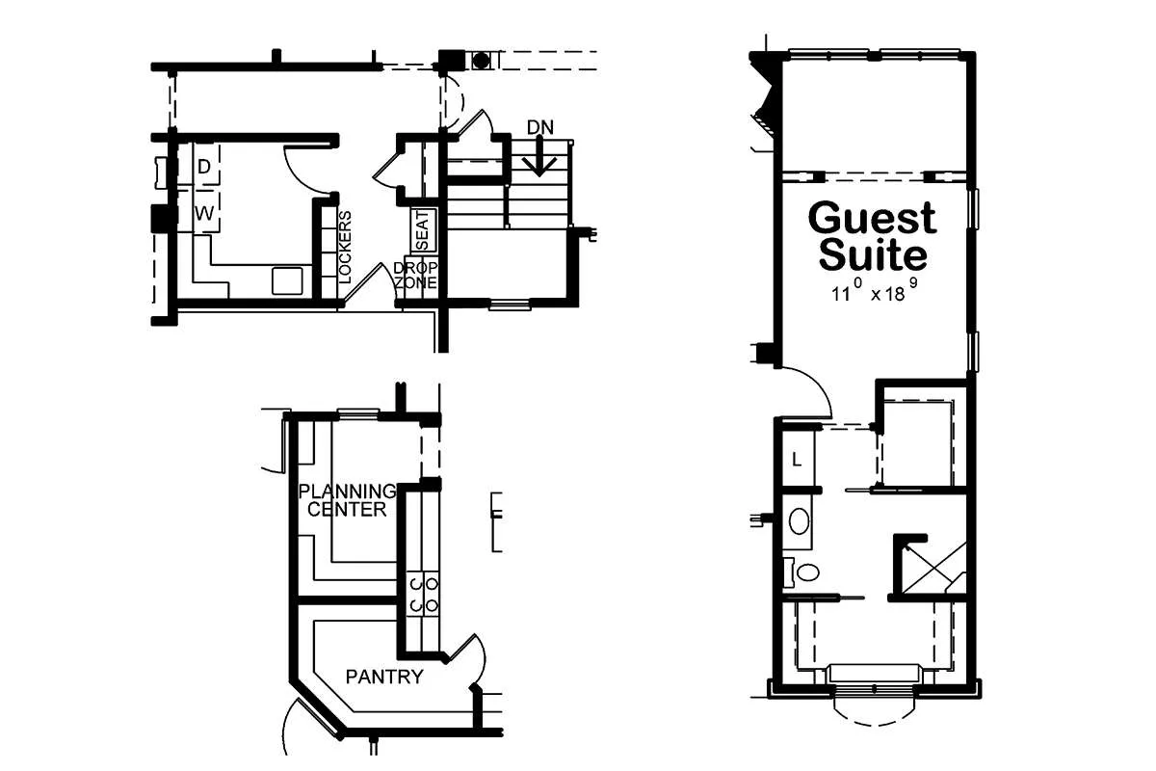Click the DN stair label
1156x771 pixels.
539,127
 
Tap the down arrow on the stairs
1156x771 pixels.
539,155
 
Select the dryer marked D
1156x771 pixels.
206,166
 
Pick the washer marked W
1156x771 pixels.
206,212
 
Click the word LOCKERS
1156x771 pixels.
344,247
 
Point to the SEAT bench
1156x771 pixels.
424,229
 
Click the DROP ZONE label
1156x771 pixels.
415,276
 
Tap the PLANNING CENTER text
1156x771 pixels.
348,500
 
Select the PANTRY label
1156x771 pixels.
384,677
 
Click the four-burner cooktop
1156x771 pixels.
423,593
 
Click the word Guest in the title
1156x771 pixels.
872,219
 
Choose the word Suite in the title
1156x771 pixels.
873,254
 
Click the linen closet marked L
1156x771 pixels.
798,459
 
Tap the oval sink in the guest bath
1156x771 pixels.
799,521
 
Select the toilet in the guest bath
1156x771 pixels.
801,572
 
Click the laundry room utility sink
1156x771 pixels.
287,280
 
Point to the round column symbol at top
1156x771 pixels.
481,61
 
